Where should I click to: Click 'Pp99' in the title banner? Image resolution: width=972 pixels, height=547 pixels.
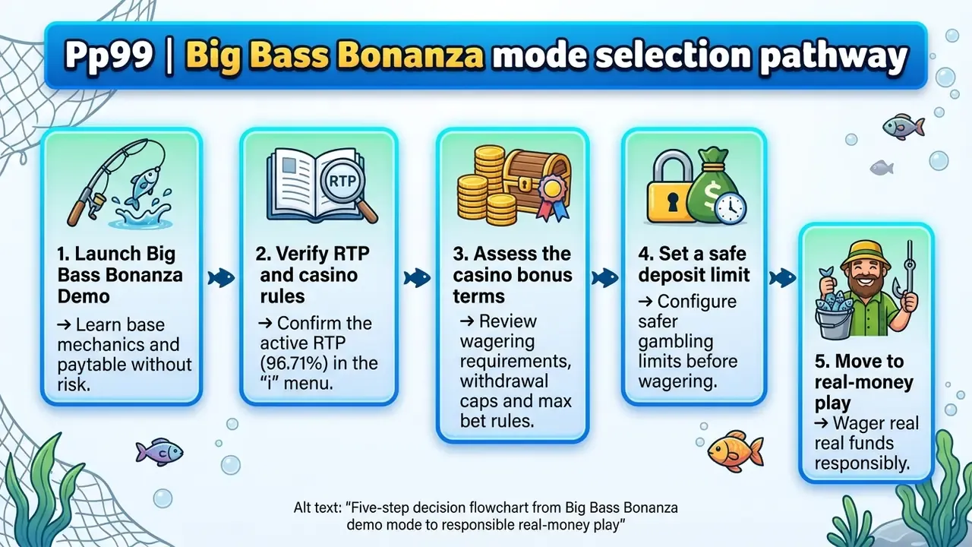point(109,55)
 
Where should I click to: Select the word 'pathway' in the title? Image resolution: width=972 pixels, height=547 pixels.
point(833,56)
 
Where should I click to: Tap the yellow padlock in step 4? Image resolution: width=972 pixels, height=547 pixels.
point(671,187)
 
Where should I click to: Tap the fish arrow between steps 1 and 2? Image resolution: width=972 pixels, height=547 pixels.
point(221,278)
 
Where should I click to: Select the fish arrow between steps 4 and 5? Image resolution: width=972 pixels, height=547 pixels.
point(783,278)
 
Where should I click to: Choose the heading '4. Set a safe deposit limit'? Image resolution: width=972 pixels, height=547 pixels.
point(693,264)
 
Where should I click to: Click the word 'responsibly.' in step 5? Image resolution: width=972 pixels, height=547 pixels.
point(862,463)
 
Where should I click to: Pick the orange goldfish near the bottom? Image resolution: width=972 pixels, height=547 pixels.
point(735,451)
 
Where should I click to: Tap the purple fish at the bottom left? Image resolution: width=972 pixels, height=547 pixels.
point(159,452)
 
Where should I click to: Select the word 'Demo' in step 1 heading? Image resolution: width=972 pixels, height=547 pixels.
point(84,296)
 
